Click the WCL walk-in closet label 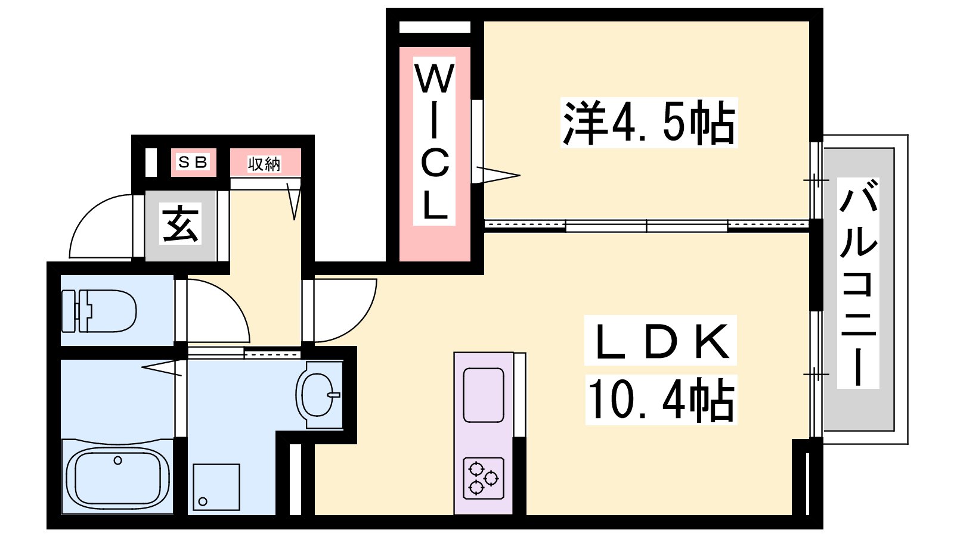tap(435, 141)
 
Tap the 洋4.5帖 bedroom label tap(649, 123)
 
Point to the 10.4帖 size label tap(661, 400)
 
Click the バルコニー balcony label tap(858, 283)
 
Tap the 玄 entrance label tap(180, 224)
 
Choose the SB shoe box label tap(193, 162)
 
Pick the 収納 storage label tap(264, 164)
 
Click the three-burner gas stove tap(483, 478)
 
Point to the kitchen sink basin tap(483, 395)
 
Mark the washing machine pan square tap(216, 487)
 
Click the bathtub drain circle tap(117, 460)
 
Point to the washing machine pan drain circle tap(203, 501)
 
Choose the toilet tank tap(70, 311)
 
